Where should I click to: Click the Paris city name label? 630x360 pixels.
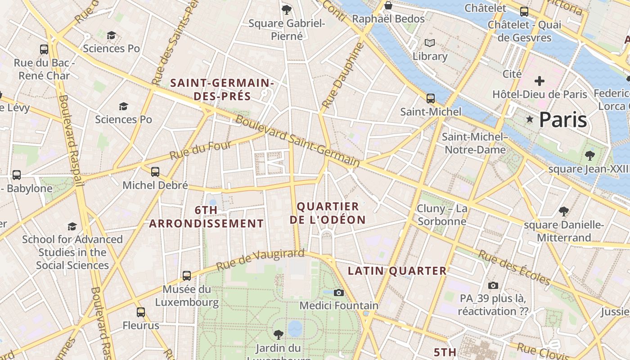coord(563,120)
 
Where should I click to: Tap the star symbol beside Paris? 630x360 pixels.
coord(530,120)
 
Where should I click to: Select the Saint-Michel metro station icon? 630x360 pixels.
coord(431,99)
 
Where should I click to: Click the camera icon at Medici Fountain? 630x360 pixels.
coord(339,293)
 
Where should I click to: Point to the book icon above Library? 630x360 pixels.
coord(430,43)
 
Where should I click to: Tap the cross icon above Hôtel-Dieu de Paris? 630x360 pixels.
coord(539,81)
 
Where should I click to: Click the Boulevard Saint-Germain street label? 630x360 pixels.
coord(297,141)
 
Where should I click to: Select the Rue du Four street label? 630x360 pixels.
coord(200,150)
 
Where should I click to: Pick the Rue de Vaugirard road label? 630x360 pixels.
coord(261,260)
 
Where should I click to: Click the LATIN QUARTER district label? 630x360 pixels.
coord(397,271)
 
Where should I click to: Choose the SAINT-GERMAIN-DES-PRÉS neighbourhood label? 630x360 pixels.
coord(222,90)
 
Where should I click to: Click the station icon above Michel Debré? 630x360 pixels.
coord(155,172)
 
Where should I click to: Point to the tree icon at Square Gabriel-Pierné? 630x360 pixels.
coord(286,9)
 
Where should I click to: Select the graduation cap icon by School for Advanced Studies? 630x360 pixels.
coord(72,226)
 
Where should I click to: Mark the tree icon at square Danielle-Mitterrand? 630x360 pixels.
coord(563,211)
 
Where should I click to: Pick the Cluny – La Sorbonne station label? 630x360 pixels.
coord(442,215)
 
